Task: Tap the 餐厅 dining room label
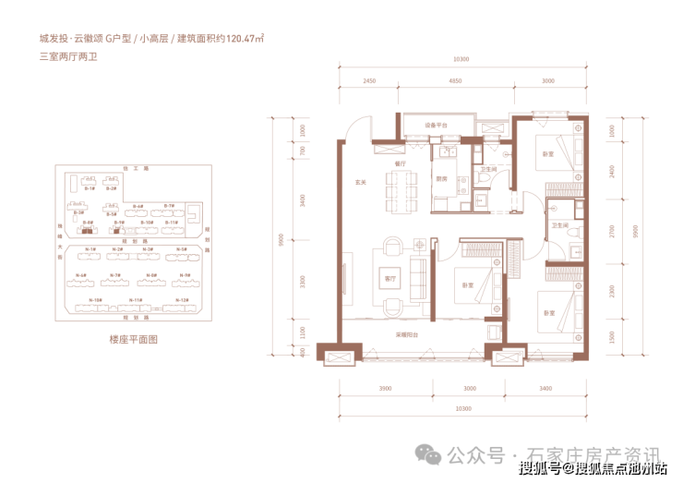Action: [401, 162]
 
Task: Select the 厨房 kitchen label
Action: [441, 179]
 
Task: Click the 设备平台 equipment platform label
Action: [436, 125]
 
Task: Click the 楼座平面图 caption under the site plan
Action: [134, 339]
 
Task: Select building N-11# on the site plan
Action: [135, 301]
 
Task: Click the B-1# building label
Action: [90, 187]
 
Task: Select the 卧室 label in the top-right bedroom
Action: [548, 153]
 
